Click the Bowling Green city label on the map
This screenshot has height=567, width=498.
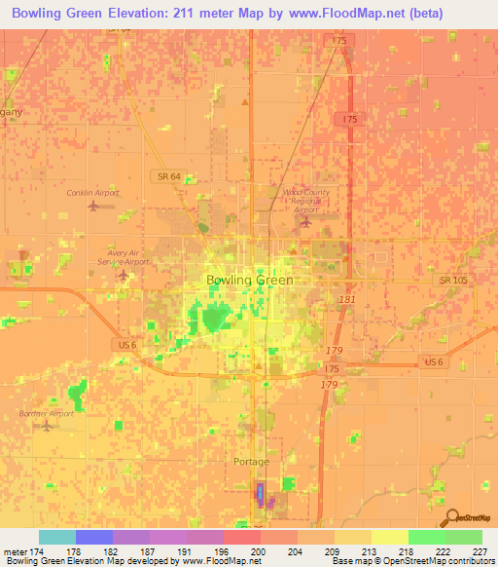point(249,280)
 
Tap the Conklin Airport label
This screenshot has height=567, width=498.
point(92,193)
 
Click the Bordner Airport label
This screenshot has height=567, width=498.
point(46,413)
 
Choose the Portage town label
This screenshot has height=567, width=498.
point(252,462)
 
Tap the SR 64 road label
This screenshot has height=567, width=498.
point(165,175)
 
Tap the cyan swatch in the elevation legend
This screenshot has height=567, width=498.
point(57,537)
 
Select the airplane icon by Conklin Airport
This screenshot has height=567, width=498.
point(92,206)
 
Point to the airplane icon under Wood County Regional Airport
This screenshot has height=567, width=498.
point(305,223)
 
